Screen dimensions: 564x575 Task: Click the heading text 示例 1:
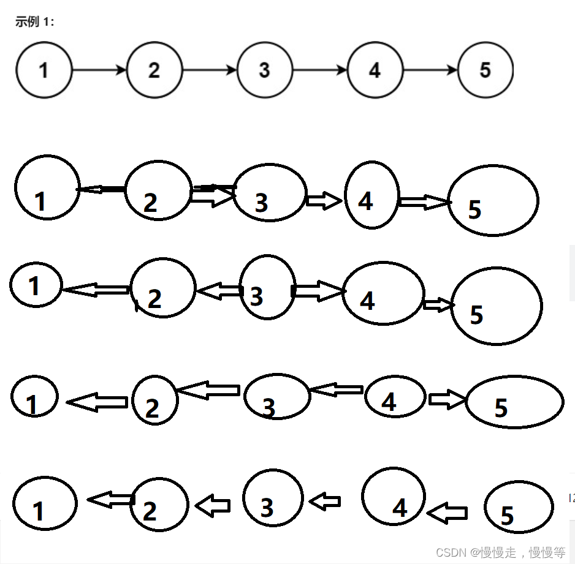click(35, 23)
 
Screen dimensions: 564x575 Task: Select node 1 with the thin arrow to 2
click(44, 70)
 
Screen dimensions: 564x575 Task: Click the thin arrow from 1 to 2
click(99, 70)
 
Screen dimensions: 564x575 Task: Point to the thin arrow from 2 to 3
click(210, 70)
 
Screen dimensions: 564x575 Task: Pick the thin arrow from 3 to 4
click(320, 70)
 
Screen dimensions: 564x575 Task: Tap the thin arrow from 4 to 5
click(430, 70)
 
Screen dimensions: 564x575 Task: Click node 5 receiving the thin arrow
click(485, 70)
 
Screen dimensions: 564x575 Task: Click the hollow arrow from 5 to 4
click(447, 513)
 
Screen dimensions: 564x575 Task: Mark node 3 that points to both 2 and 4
click(268, 288)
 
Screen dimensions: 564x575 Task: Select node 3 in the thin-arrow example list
click(264, 70)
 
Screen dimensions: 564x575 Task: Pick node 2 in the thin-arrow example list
click(154, 70)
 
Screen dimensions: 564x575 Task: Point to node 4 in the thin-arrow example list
click(375, 70)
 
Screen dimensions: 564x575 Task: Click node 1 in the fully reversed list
click(44, 503)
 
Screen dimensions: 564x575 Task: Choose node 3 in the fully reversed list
click(273, 498)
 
